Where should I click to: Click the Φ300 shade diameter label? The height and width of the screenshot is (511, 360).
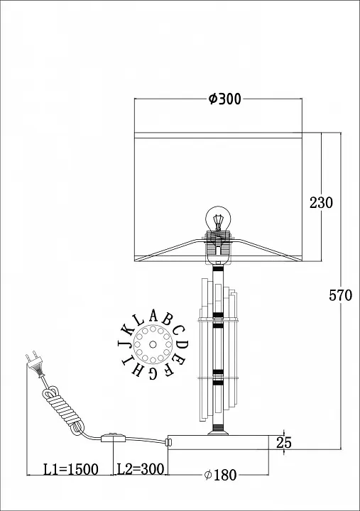tap(224, 99)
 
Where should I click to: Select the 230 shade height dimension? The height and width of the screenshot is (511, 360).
tap(321, 203)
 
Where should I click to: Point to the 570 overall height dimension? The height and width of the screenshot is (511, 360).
tap(340, 295)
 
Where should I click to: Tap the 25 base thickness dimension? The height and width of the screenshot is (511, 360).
tap(284, 443)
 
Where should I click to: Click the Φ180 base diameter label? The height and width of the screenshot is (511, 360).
tap(220, 475)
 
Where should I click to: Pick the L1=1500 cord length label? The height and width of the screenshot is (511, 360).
tap(71, 470)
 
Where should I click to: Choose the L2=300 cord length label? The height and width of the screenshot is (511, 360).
tap(140, 469)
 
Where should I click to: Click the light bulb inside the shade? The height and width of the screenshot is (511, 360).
tap(218, 219)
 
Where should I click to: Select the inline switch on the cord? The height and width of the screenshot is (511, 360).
tap(113, 437)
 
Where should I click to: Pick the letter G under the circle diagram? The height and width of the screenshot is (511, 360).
tap(153, 373)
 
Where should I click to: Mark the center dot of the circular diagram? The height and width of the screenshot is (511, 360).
tap(153, 344)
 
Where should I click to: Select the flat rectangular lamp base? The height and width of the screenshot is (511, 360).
tap(218, 442)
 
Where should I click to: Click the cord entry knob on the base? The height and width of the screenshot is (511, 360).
tap(168, 442)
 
